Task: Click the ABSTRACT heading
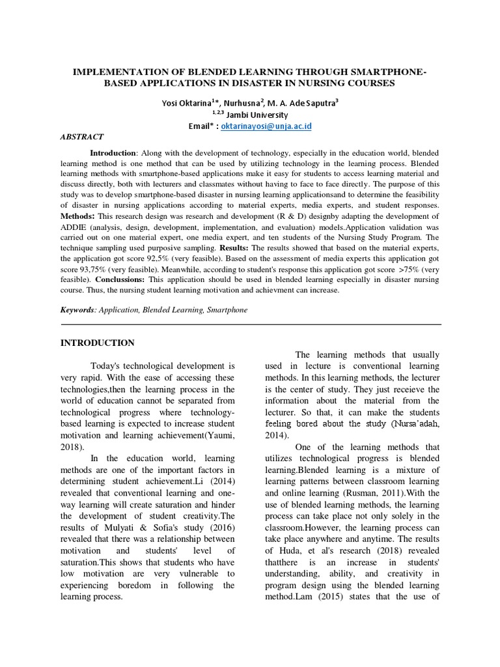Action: click(x=82, y=137)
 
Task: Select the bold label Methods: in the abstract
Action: click(x=77, y=216)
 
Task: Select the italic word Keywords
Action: click(x=77, y=309)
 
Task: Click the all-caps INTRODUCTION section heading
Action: click(x=98, y=343)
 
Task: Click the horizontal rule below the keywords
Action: click(x=251, y=324)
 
